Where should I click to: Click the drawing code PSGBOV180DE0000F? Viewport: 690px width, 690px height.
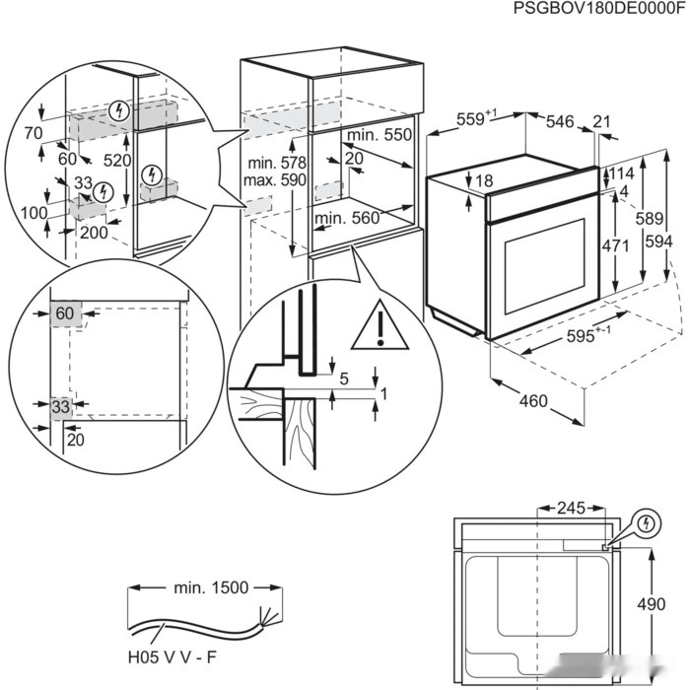(x=598, y=9)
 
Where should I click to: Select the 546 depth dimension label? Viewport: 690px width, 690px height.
(x=559, y=121)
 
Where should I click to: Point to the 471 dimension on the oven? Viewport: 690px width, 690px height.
(x=616, y=245)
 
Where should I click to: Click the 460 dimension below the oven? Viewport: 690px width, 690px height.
(x=532, y=402)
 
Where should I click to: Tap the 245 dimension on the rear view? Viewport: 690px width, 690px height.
(x=570, y=509)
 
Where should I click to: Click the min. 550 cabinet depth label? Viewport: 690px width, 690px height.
(x=379, y=134)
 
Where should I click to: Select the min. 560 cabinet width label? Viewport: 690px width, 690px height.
(x=348, y=219)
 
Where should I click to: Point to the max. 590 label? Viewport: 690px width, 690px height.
(x=277, y=180)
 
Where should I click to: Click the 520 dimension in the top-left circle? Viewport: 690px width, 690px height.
(x=115, y=160)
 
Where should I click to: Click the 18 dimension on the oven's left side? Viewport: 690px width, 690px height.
(x=483, y=180)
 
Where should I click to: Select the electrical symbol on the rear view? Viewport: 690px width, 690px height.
(x=647, y=521)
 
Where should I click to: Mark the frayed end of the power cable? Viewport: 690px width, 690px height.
(x=265, y=620)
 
